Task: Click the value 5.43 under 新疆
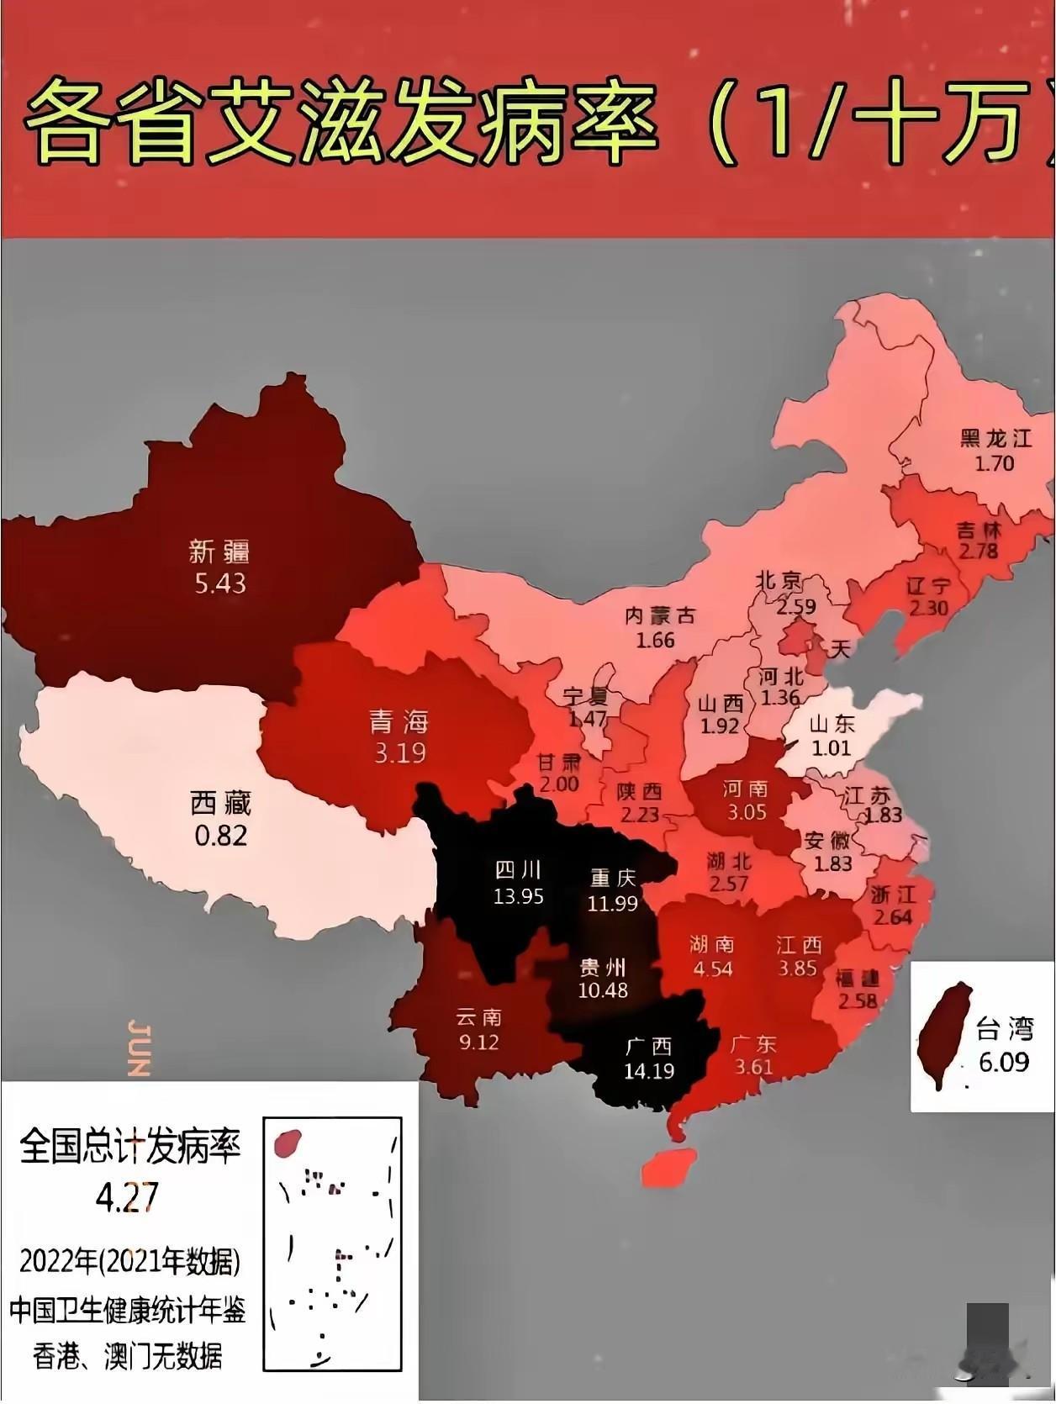[220, 583]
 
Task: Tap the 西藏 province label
[220, 804]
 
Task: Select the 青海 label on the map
[399, 721]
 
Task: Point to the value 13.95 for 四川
[518, 896]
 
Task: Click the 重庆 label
[613, 878]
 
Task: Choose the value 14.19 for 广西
[649, 1071]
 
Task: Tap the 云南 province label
[478, 1017]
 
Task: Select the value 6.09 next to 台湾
[1004, 1062]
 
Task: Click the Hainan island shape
[669, 1167]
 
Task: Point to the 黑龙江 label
[995, 438]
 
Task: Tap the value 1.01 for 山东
[831, 747]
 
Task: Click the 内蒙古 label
[660, 616]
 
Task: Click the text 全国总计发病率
[129, 1147]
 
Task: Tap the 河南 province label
[745, 789]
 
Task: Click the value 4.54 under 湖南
[712, 969]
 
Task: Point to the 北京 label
[779, 581]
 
